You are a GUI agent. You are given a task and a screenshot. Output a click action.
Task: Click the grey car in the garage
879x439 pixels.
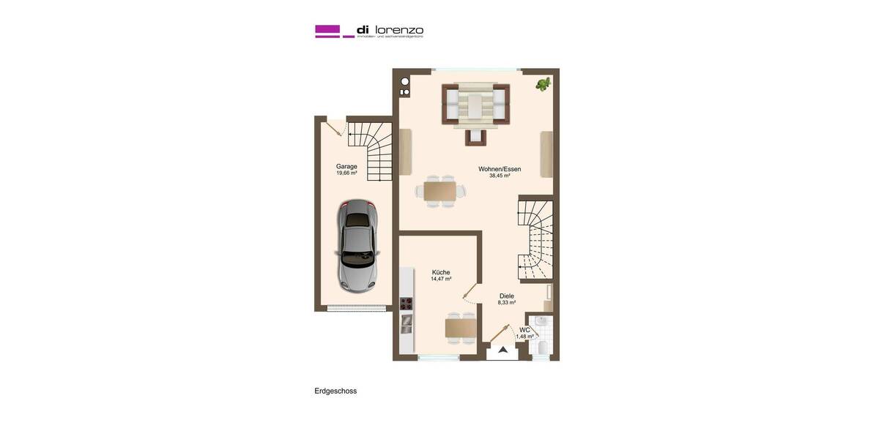(x=357, y=246)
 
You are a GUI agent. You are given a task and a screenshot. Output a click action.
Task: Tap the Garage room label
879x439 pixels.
(x=346, y=166)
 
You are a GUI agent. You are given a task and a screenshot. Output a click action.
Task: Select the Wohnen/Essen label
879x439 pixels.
(x=500, y=169)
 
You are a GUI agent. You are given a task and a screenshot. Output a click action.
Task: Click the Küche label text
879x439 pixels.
(x=440, y=272)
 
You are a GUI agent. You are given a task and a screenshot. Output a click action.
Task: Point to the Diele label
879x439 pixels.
(x=507, y=296)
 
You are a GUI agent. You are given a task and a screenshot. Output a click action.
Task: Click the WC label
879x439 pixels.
(x=524, y=330)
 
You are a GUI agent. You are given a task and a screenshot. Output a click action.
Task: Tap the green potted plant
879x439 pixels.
(x=543, y=84)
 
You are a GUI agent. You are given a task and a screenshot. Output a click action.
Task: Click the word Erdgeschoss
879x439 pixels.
(x=335, y=391)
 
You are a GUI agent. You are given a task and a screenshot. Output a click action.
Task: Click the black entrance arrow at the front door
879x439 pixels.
(x=502, y=350)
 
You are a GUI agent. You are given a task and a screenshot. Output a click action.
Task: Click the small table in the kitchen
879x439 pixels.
(x=461, y=328)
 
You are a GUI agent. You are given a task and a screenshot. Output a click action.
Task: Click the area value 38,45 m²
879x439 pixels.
(x=500, y=176)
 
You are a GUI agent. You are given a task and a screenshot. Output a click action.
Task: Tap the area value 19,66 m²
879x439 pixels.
(x=346, y=173)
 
